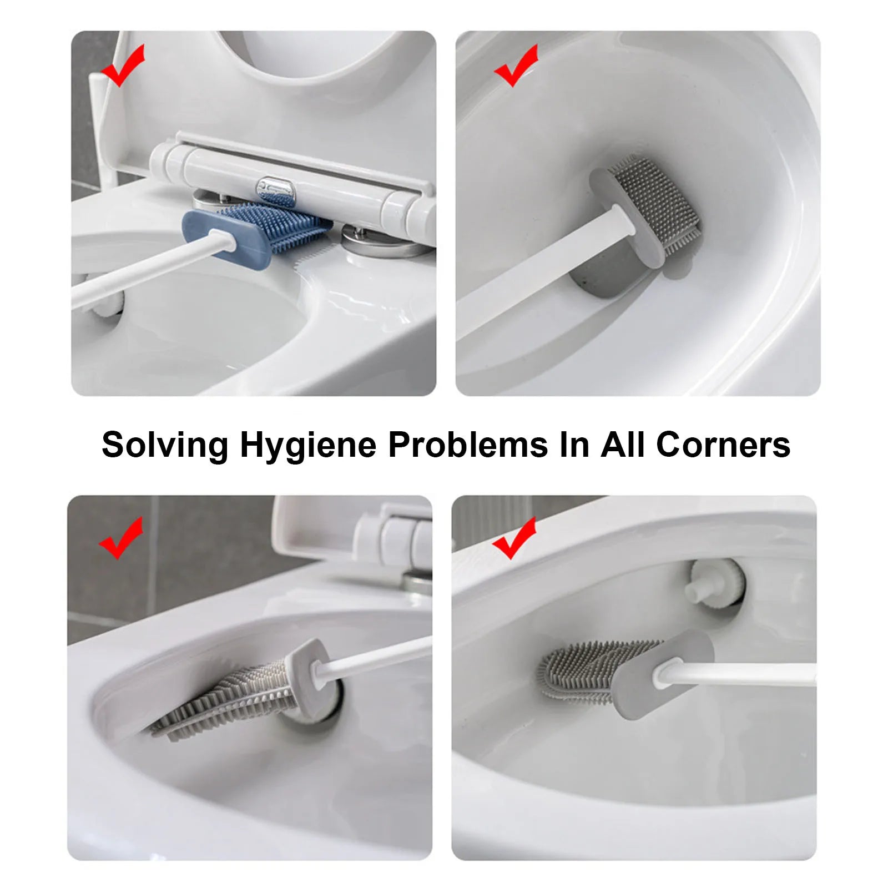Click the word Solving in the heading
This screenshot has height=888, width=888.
[165, 445]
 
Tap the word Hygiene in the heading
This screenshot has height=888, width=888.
[308, 445]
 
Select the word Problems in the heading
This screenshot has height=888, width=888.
[468, 445]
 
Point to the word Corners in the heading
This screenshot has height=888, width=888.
[723, 445]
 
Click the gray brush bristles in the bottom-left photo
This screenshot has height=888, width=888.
[228, 699]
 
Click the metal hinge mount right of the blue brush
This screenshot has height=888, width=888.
[383, 239]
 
